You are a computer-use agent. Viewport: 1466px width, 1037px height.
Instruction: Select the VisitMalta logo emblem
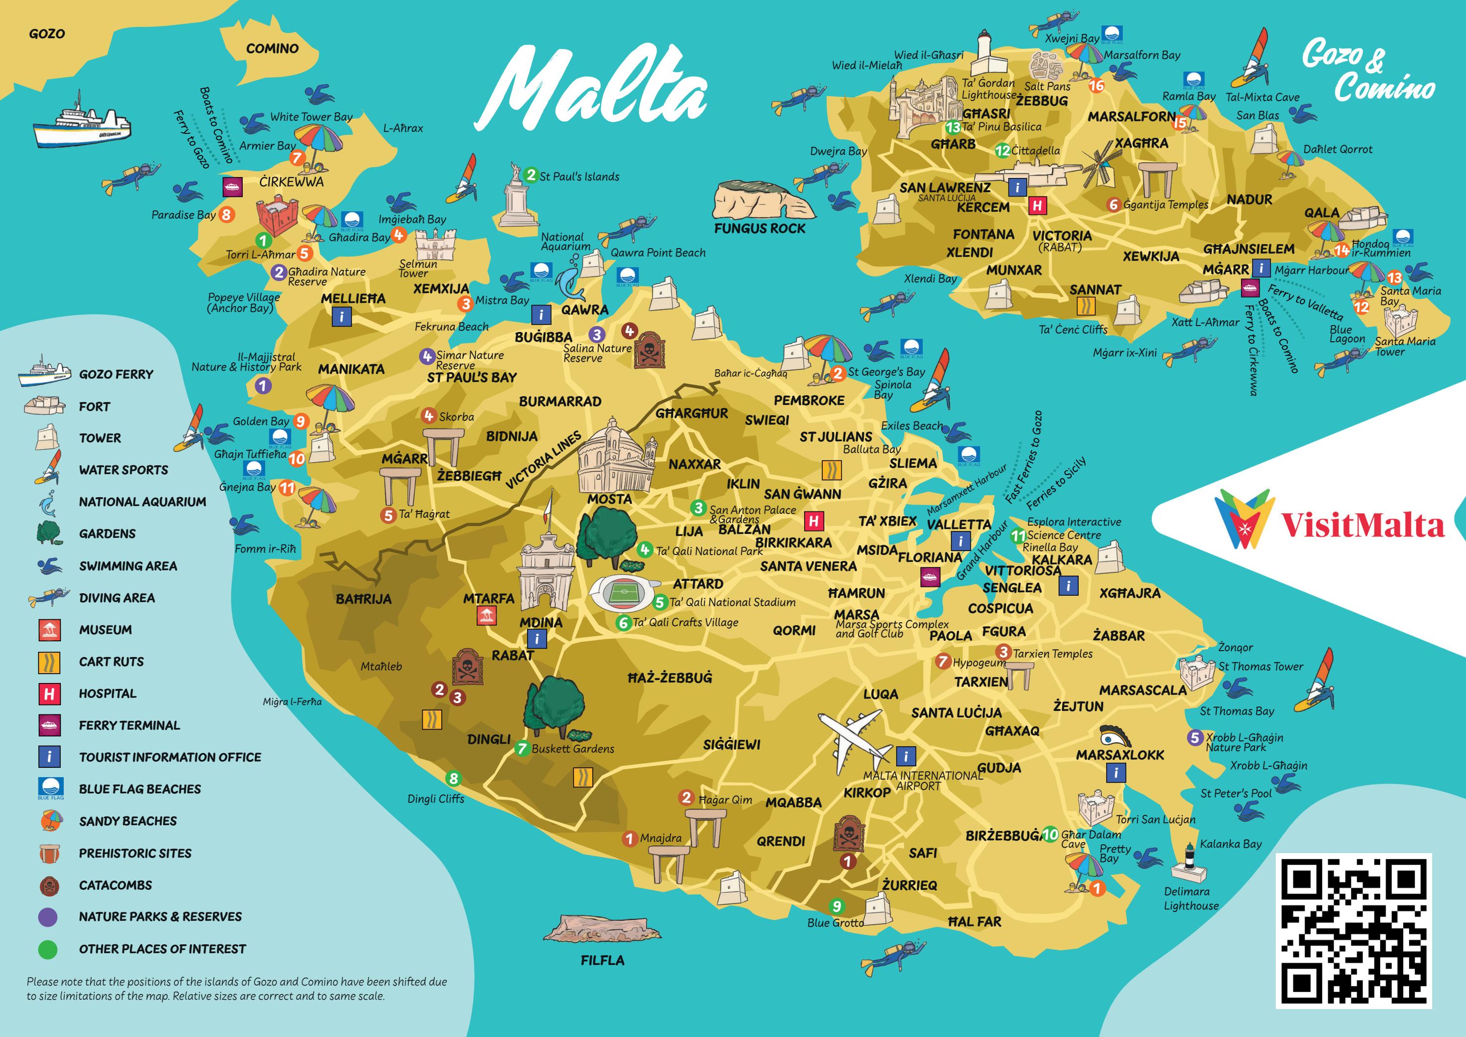(x=1242, y=519)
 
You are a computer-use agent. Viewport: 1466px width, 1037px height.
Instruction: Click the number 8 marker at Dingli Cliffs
(x=453, y=779)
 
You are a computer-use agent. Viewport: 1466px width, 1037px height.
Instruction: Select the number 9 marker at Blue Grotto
(x=836, y=906)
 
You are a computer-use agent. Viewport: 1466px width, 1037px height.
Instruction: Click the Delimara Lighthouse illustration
(x=1189, y=864)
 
